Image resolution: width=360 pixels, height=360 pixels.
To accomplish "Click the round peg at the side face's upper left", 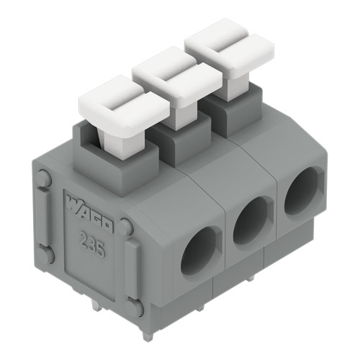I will pyautogui.click(x=43, y=178).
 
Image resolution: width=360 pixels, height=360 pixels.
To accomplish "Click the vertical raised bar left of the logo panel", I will pyautogui.click(x=44, y=215).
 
